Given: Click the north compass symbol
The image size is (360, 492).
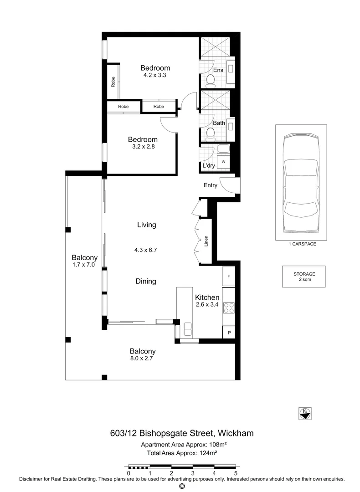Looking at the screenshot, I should (305, 413).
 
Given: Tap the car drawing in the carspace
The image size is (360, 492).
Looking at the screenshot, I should (300, 182).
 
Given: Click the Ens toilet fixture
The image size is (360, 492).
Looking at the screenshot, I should (211, 81).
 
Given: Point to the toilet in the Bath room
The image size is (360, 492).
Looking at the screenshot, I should (211, 133).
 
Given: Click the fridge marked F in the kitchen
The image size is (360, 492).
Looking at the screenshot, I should (228, 277).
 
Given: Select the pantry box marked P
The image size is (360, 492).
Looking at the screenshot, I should (228, 333).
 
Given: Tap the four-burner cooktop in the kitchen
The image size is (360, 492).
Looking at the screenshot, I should (228, 308).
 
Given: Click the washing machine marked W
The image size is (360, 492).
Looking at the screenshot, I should (224, 162).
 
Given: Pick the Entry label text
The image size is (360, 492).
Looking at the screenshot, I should (211, 185).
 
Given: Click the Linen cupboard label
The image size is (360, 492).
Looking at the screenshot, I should (206, 241).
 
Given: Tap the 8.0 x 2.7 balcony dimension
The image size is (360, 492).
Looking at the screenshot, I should (143, 359).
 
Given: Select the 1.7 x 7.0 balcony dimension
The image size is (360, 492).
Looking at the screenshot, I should (83, 265).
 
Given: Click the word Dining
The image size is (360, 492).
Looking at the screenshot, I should (146, 282).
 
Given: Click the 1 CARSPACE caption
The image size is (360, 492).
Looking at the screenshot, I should (302, 244).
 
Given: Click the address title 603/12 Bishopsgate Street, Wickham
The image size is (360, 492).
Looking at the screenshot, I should (182, 433).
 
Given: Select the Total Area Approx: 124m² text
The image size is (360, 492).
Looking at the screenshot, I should (182, 453).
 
